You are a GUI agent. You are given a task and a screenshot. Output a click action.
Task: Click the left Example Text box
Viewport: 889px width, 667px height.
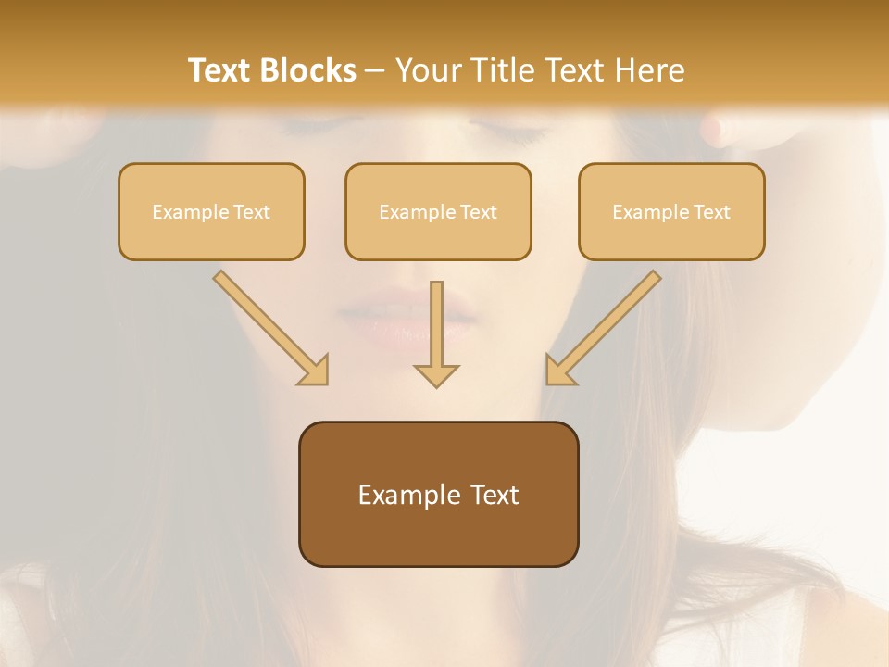click(x=211, y=211)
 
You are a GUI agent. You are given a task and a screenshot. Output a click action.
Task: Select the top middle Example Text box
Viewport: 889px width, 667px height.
click(x=438, y=211)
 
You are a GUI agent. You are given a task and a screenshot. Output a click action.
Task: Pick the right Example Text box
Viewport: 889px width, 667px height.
click(x=671, y=211)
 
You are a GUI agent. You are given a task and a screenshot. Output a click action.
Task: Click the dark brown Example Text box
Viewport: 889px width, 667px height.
click(x=438, y=494)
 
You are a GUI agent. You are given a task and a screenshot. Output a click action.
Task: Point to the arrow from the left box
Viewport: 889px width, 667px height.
click(x=269, y=325)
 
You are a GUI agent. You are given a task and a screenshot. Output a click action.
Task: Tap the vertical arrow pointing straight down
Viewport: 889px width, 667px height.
click(x=436, y=333)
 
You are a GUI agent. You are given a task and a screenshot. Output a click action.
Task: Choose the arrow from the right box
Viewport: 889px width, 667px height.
click(x=606, y=325)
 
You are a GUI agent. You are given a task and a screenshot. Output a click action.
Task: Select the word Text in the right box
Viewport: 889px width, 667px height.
click(x=711, y=212)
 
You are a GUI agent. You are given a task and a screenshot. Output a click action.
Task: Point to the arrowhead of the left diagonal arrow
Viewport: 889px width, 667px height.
click(x=315, y=371)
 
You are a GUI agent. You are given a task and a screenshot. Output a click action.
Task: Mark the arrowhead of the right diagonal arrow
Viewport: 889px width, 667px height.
click(x=559, y=371)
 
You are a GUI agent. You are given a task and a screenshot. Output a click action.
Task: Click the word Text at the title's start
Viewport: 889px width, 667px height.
click(x=219, y=70)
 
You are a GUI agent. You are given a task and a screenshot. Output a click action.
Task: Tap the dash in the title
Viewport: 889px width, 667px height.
click(x=375, y=70)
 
